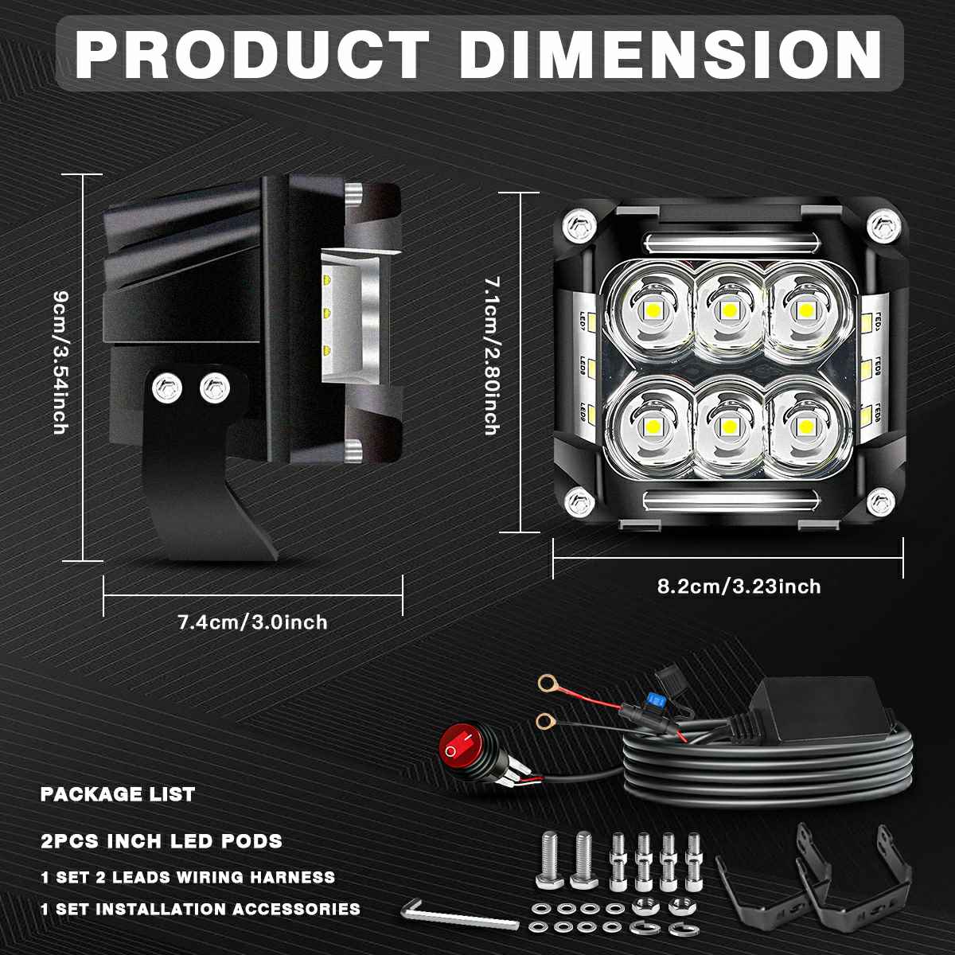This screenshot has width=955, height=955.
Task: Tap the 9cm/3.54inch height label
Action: click(61, 362)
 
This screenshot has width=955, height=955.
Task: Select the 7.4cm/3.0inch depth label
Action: click(253, 622)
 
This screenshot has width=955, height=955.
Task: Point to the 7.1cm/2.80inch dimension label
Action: click(492, 355)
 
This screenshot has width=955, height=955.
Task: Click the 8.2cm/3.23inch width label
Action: click(739, 587)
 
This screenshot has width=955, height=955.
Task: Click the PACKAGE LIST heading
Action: click(118, 794)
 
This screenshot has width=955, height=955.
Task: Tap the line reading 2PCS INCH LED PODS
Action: click(162, 840)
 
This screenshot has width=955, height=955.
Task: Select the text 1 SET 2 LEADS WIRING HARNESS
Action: click(188, 877)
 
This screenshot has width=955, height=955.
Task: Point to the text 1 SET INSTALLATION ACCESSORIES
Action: click(201, 909)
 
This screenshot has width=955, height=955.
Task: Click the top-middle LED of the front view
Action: click(728, 310)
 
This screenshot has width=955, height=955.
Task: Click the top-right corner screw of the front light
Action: click(883, 226)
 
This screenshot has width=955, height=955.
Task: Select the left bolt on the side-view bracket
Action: click(167, 388)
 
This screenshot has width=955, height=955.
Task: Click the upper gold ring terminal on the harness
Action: click(547, 684)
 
